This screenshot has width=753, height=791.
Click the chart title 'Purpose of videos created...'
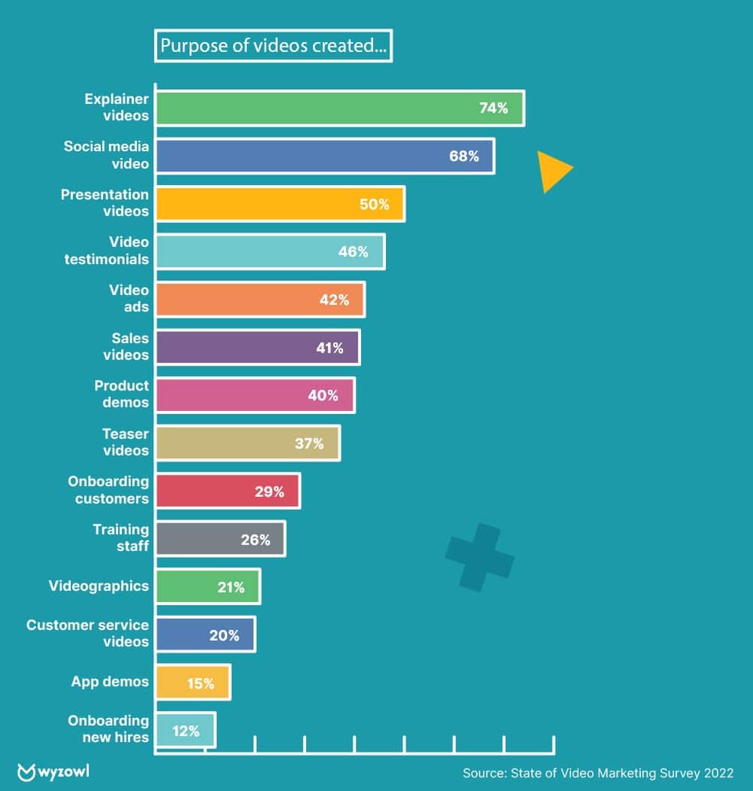pos(273,46)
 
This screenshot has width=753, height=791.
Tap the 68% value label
pos(464,157)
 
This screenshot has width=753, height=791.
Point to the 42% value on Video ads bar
pos(334,300)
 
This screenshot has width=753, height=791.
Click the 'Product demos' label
pos(121,394)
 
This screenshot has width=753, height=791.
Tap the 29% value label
pos(269,491)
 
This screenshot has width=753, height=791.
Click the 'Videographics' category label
pos(99,586)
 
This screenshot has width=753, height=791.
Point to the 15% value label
pos(199,683)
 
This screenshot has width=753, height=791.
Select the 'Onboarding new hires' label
pos(108,729)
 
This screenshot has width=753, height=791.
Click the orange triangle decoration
pos(553,170)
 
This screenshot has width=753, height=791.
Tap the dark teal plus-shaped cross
pos(479,558)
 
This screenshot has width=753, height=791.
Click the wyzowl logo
pos(53,772)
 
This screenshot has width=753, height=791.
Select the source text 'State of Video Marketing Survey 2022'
pos(621,773)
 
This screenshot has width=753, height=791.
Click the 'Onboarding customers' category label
pos(108,489)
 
